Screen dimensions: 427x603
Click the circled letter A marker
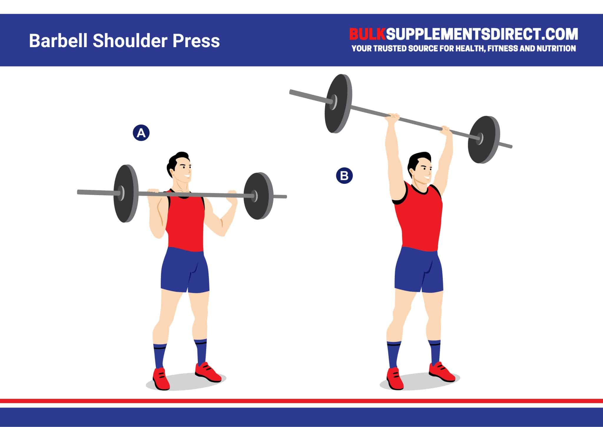[x=141, y=133]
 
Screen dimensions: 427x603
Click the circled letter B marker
[x=344, y=176]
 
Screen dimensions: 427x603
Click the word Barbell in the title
[x=58, y=41]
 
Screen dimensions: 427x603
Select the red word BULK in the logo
[x=367, y=35]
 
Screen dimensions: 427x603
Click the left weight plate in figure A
[x=126, y=193]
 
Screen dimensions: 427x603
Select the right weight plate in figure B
[x=484, y=139]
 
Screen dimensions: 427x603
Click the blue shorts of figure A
[x=185, y=270]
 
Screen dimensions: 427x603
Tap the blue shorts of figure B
[x=418, y=270]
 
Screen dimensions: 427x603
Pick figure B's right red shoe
[x=441, y=372]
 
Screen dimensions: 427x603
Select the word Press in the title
[x=196, y=41]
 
